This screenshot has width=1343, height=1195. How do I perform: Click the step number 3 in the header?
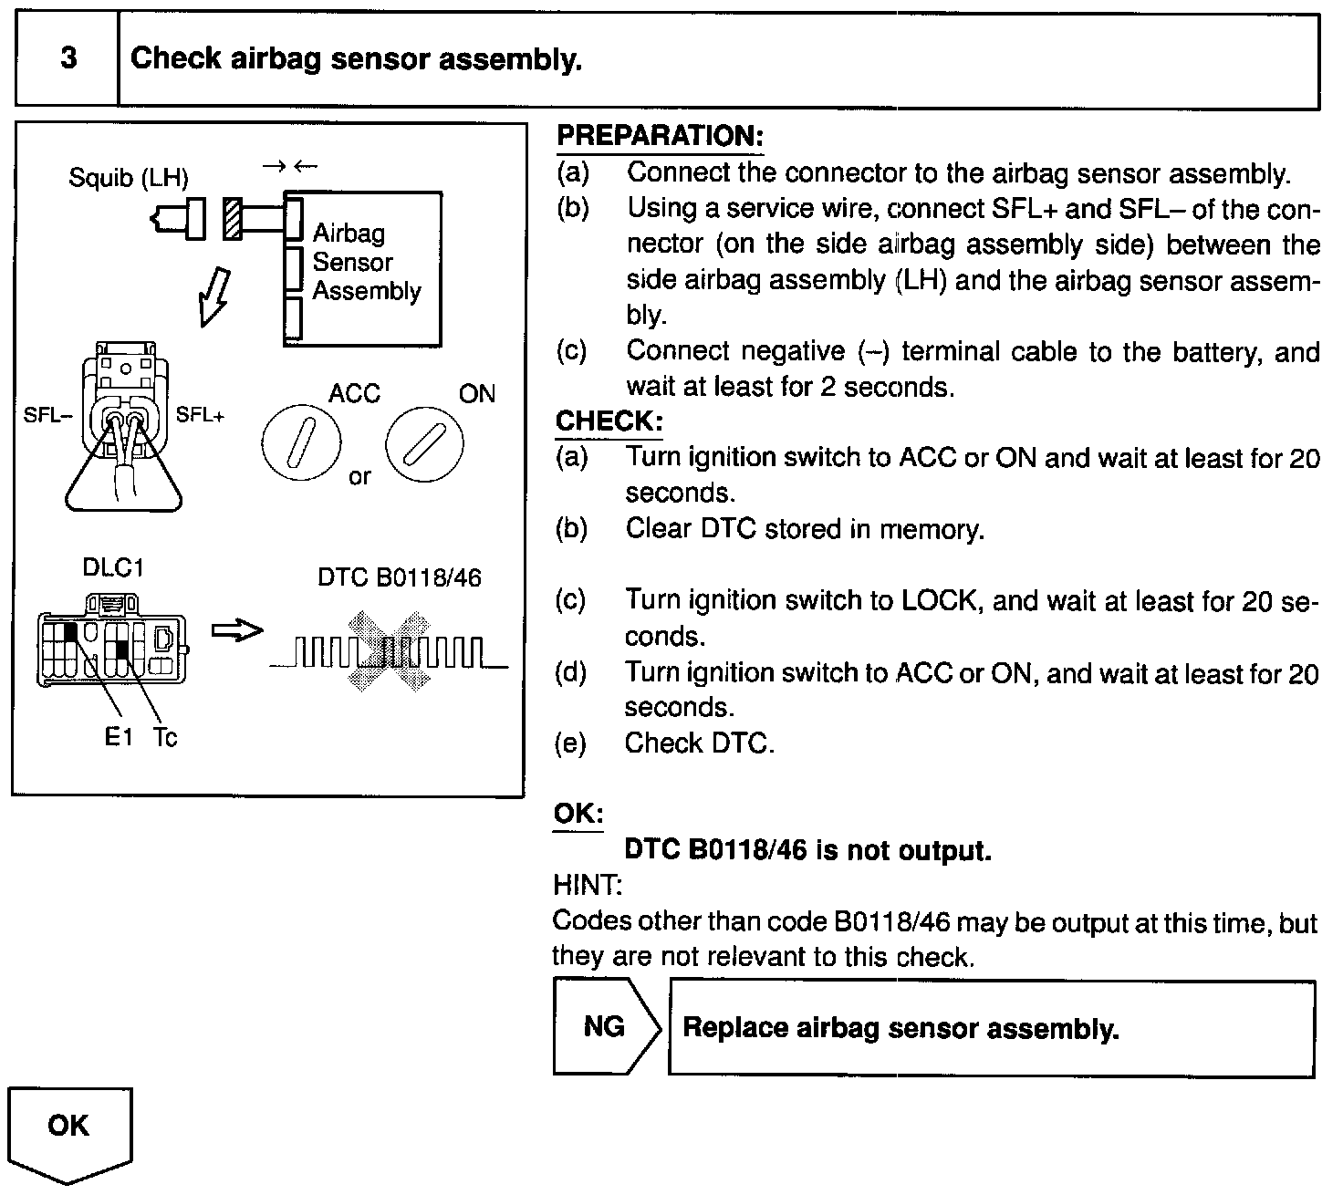[68, 59]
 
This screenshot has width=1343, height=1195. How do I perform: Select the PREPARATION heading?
[659, 137]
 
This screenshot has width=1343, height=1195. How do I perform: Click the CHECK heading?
[609, 421]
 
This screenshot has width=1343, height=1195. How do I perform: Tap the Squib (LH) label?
[128, 178]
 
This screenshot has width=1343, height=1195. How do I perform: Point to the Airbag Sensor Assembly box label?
[366, 263]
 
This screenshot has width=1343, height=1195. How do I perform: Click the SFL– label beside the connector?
[47, 416]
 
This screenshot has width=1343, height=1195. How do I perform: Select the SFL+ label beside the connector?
[200, 416]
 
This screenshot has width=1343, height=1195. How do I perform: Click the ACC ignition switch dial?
[301, 444]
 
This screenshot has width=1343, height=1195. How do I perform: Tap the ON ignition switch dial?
[423, 444]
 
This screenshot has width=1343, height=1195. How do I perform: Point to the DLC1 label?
[113, 567]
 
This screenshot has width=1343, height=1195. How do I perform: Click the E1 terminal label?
[119, 737]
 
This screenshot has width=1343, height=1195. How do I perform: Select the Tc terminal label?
[165, 737]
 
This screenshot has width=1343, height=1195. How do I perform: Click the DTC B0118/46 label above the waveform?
[399, 578]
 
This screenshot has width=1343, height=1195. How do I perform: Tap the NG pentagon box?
[605, 1027]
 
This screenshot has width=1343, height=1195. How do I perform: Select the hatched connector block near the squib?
[233, 219]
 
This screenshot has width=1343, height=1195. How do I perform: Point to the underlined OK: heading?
[578, 814]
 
